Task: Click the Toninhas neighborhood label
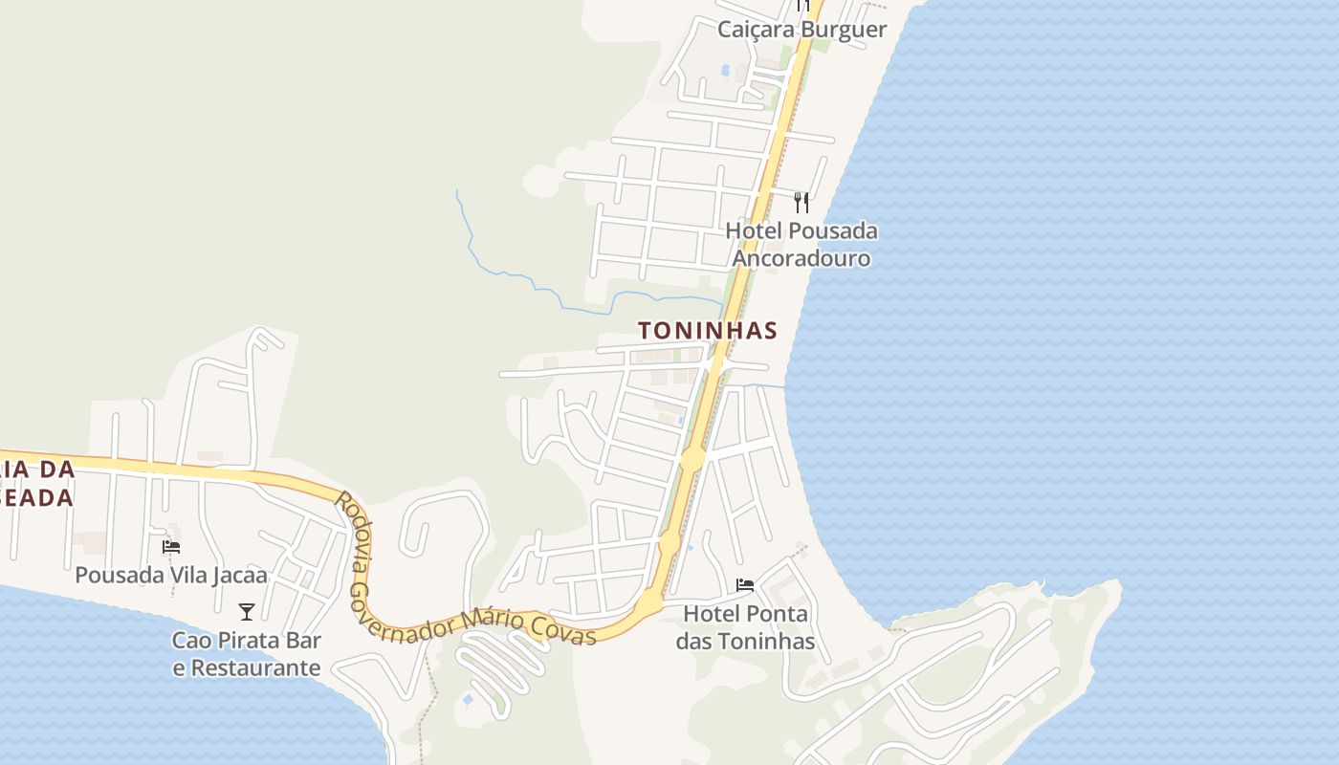[x=707, y=331]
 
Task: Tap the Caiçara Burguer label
[x=801, y=30]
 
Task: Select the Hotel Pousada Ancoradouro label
[x=801, y=245]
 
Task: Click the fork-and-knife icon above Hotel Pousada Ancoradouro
[x=801, y=202]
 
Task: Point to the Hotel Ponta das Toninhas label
[x=745, y=627]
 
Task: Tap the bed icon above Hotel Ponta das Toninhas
[x=745, y=584]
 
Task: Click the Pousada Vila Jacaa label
[x=171, y=576]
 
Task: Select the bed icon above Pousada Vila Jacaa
[x=171, y=546]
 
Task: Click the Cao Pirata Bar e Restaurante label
[x=247, y=654]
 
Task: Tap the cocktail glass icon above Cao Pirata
[x=247, y=611]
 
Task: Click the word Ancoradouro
[x=801, y=259]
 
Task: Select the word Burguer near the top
[x=844, y=30]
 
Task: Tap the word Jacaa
[x=238, y=576]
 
